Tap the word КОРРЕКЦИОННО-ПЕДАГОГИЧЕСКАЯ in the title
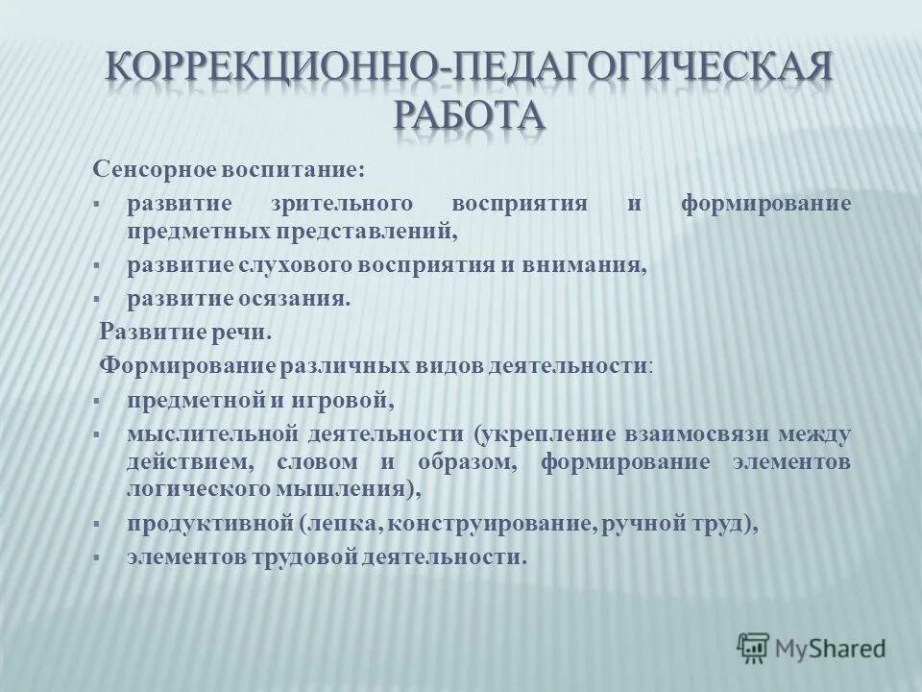tap(469, 69)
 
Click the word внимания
tap(591, 265)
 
